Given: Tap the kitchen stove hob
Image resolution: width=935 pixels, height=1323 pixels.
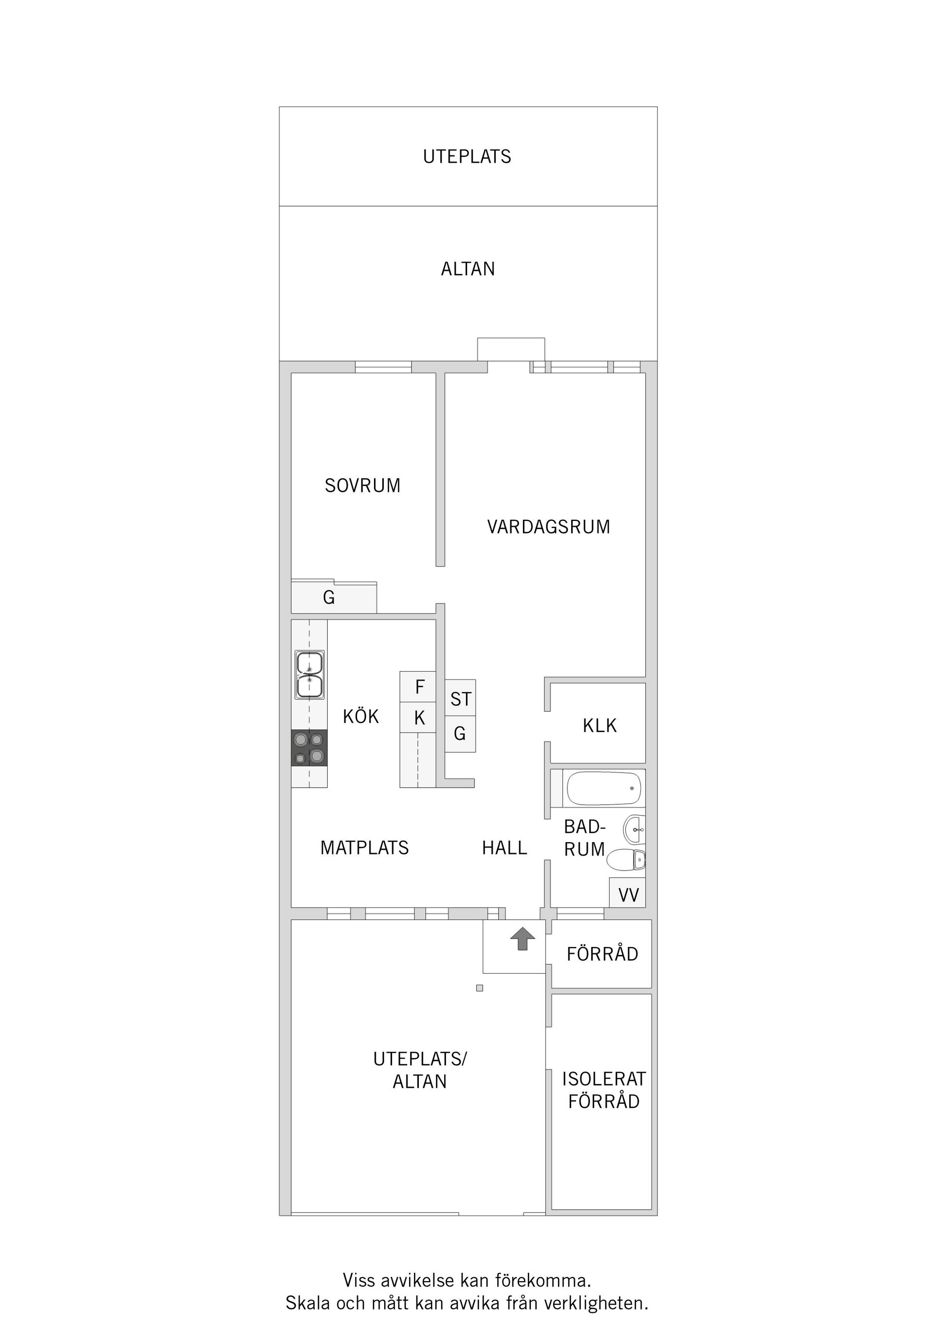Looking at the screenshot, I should point(309,747).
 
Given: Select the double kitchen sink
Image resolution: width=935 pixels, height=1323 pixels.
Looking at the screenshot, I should point(309,674).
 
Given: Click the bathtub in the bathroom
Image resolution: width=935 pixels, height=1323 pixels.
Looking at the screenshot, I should point(603,788).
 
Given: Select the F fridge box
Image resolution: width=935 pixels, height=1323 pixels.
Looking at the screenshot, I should point(419,686).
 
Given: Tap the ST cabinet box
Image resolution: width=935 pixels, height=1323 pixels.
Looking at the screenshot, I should point(460,699).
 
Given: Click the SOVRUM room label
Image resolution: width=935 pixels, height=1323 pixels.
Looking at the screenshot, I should point(362,486).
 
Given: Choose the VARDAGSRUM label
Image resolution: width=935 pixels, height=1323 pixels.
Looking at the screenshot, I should point(548,527).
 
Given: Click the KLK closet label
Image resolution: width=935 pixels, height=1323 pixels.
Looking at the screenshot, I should point(599,725).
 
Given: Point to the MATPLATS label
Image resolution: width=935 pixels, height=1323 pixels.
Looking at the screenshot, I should point(364,848).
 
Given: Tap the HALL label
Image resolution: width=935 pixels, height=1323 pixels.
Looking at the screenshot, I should point(504,848).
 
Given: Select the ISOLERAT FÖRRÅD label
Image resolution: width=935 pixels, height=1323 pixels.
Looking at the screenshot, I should point(603,1090).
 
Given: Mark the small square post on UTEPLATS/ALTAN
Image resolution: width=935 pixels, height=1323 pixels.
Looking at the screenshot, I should point(479,988).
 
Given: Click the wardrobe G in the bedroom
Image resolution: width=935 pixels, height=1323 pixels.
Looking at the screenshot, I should point(329,598).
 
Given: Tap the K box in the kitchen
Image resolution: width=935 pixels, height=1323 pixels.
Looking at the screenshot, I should point(419,718).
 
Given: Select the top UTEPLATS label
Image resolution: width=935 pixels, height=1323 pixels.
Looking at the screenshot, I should point(467,157).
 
